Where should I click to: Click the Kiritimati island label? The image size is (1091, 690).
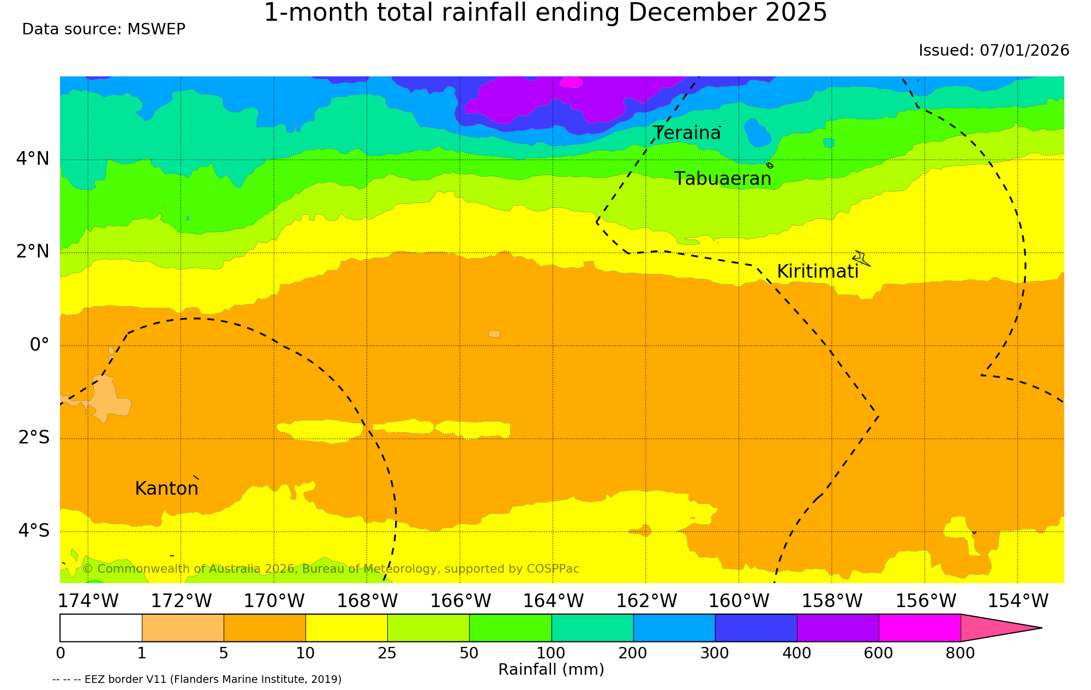817,272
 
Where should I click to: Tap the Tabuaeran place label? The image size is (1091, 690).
723,179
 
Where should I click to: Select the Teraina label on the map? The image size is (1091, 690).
687,133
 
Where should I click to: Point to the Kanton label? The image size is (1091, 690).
166,489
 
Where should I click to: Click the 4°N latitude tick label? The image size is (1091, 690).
33,159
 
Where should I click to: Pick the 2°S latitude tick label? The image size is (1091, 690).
34,437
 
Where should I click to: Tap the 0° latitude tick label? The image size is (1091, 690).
39,345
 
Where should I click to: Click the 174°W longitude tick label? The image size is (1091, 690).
88,601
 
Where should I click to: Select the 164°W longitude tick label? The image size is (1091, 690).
553,601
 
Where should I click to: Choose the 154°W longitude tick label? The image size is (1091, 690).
1018,601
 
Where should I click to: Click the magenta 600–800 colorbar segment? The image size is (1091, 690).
919,628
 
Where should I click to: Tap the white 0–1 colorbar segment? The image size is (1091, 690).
101,628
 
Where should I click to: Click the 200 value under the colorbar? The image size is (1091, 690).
633,653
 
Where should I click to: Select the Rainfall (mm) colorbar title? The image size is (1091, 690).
551,670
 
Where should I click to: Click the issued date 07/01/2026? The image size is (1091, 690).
1024,51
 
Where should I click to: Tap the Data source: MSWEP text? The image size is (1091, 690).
104,29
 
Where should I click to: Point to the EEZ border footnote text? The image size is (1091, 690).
197,680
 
